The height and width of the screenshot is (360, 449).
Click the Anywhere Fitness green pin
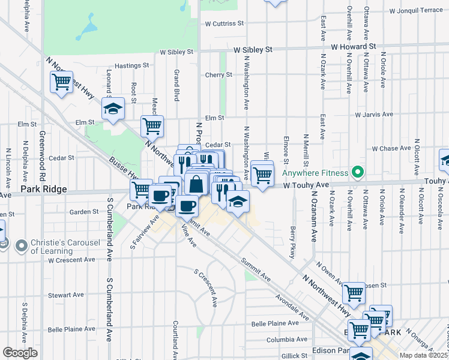tap(358, 173)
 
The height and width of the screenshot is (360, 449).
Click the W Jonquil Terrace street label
tap(415, 11)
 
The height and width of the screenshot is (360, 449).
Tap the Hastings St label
tap(131, 65)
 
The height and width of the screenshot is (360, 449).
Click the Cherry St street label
tap(218, 75)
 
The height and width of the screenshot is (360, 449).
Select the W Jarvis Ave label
tap(373, 114)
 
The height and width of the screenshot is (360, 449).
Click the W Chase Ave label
tap(391, 148)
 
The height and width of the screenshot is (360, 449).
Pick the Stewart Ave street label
tap(66, 295)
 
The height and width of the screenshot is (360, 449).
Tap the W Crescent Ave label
tap(71, 260)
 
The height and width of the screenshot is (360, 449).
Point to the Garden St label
tap(83, 212)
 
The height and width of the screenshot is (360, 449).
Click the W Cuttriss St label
tap(224, 24)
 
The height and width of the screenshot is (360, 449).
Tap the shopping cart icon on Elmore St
tap(262, 174)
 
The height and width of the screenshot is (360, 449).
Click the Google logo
tap(20, 353)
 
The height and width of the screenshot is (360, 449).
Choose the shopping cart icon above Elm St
tap(152, 125)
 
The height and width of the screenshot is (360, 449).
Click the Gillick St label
tap(293, 356)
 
